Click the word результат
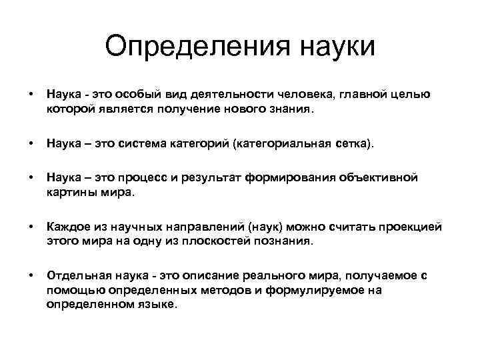coord(204,179)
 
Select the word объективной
coord(379,179)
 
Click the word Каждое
coord(67,227)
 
